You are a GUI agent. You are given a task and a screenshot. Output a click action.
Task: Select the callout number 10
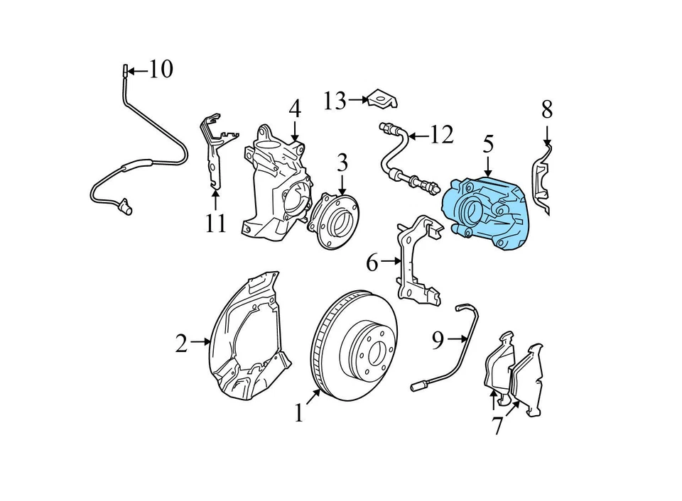pyautogui.click(x=161, y=70)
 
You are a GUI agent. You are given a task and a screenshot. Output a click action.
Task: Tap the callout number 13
pyautogui.click(x=334, y=101)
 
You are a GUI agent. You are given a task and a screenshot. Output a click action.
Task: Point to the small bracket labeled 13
pyautogui.click(x=382, y=100)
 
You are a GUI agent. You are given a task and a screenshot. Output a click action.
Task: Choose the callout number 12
pyautogui.click(x=441, y=134)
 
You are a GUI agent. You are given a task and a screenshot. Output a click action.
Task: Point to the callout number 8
pyautogui.click(x=546, y=109)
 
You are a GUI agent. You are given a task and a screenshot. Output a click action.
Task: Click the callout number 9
pyautogui.click(x=438, y=341)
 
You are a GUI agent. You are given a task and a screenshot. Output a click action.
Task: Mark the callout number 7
pyautogui.click(x=497, y=426)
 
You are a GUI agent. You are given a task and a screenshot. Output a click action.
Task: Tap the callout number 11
pyautogui.click(x=215, y=224)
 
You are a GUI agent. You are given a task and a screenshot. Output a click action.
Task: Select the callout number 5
pyautogui.click(x=488, y=144)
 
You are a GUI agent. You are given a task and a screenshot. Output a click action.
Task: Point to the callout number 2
pyautogui.click(x=182, y=344)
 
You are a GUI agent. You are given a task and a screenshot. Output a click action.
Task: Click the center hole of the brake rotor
pyautogui.click(x=374, y=349)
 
